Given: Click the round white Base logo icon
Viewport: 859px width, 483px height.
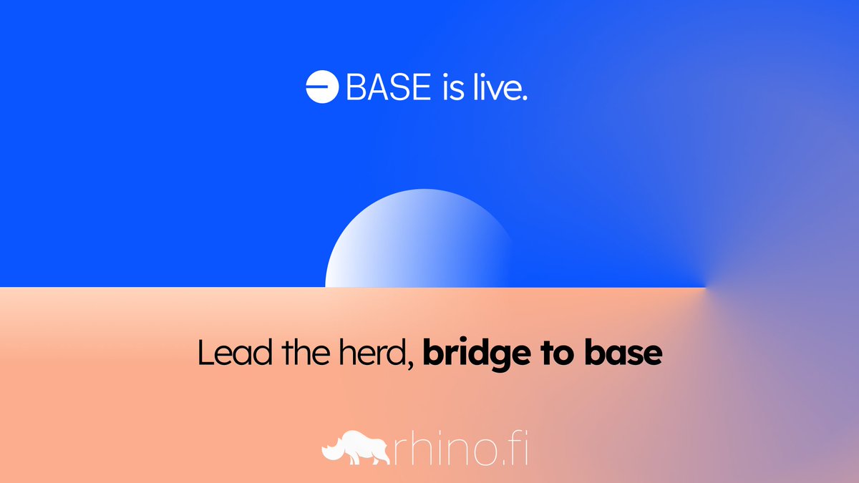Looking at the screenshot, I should tap(321, 87).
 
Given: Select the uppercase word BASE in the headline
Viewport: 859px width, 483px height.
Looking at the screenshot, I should tap(389, 87).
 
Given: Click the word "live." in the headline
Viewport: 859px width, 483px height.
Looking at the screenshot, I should tap(498, 87).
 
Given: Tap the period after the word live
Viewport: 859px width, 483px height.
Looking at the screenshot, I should tap(524, 97).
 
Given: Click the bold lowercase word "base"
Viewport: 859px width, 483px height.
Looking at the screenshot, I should tap(625, 355).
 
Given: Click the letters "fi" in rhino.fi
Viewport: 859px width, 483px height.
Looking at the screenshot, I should tap(516, 449).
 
